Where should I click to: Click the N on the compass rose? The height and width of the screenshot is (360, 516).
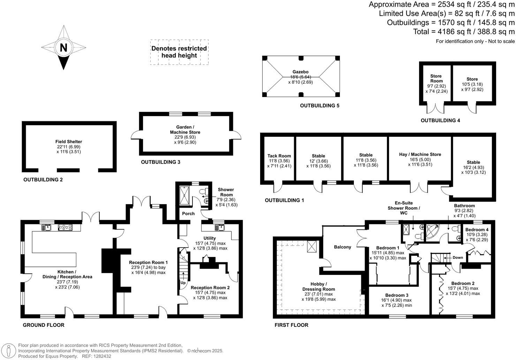click(x=63, y=47)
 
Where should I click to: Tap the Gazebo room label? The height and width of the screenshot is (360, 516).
click(x=300, y=72)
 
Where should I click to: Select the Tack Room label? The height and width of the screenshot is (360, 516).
click(x=279, y=156)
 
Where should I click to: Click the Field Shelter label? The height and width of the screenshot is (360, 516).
click(x=69, y=142)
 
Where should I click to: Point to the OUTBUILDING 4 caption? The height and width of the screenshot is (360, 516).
click(x=440, y=121)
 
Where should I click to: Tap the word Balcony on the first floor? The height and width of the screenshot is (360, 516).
click(x=342, y=247)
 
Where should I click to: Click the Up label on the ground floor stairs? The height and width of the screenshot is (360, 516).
click(x=183, y=283)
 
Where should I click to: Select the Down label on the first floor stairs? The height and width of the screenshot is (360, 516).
click(x=457, y=258)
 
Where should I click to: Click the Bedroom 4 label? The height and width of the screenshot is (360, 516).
click(x=477, y=230)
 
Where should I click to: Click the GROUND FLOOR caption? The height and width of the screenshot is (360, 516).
click(x=44, y=325)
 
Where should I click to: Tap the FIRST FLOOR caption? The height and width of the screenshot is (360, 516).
click(x=291, y=325)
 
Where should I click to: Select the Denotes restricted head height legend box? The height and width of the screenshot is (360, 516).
click(x=179, y=52)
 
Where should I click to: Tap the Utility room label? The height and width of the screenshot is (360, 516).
click(x=210, y=238)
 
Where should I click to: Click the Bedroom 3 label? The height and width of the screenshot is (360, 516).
click(x=397, y=295)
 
